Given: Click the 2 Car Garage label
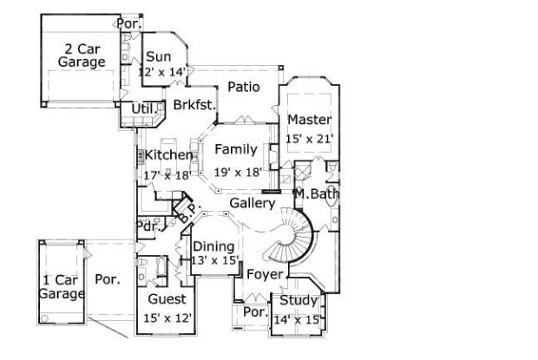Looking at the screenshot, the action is (x=82, y=56).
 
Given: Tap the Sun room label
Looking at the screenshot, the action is (x=159, y=56).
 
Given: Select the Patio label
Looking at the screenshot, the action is (x=244, y=87).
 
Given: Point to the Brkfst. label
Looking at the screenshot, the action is (x=194, y=105).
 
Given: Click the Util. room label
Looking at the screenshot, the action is (x=144, y=108).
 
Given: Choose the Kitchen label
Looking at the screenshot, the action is (x=168, y=155).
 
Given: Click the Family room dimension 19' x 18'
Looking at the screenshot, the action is (x=238, y=172).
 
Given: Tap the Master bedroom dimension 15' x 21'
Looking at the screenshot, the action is (x=310, y=139).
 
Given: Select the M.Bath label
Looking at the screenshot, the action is (x=318, y=194).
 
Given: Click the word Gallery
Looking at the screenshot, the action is (x=253, y=203).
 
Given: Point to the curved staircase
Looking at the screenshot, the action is (x=291, y=236).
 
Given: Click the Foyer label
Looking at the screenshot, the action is (x=265, y=274).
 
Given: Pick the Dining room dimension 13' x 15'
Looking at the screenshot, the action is (x=215, y=260).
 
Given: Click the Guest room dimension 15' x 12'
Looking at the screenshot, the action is (x=167, y=318).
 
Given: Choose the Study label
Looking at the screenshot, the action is (x=299, y=300).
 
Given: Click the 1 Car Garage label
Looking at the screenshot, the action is (x=61, y=287).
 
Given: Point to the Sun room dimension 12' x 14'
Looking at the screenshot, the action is (x=162, y=72).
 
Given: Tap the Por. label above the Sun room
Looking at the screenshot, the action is (x=128, y=23).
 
